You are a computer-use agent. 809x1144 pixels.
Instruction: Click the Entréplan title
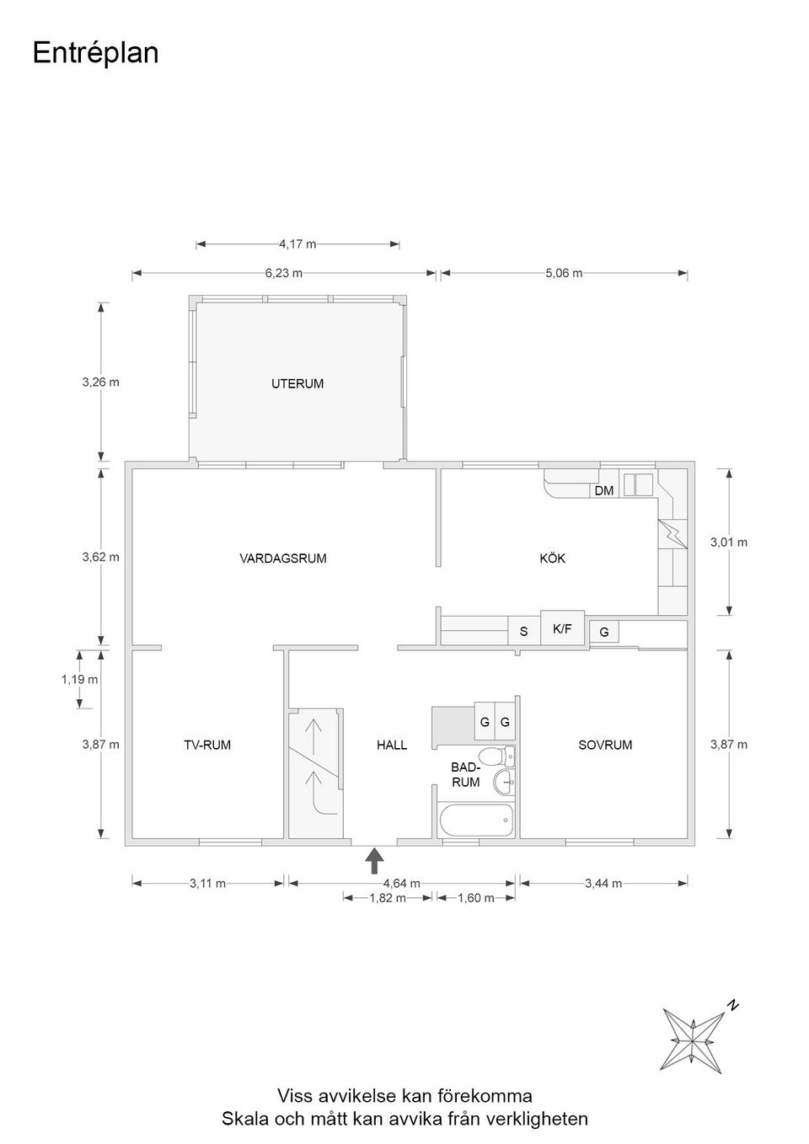tap(95, 53)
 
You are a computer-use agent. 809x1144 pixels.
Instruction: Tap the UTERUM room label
tap(297, 383)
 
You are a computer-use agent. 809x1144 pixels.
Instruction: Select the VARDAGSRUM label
tap(282, 558)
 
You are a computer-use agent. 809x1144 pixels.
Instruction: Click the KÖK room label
tap(552, 558)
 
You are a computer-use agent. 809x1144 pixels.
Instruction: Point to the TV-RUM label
tap(207, 745)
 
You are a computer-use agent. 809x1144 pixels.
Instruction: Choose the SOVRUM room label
tap(604, 745)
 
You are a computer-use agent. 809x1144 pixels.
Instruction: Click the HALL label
tap(392, 745)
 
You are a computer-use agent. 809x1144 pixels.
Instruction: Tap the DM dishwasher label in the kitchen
tap(603, 490)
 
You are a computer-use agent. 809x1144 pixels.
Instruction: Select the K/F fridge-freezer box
tap(562, 628)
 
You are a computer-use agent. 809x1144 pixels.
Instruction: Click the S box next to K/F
tap(523, 631)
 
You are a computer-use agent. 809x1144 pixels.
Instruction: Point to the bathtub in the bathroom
tap(476, 821)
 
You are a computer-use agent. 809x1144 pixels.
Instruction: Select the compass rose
tap(693, 1040)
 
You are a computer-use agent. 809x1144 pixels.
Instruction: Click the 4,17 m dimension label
tap(297, 244)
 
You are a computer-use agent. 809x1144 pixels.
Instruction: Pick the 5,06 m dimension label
tap(563, 273)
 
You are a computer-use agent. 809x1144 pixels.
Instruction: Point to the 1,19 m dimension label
tap(79, 679)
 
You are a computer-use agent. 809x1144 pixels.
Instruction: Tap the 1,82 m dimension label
tap(387, 898)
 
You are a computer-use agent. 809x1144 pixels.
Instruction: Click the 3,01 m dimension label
tap(728, 543)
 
